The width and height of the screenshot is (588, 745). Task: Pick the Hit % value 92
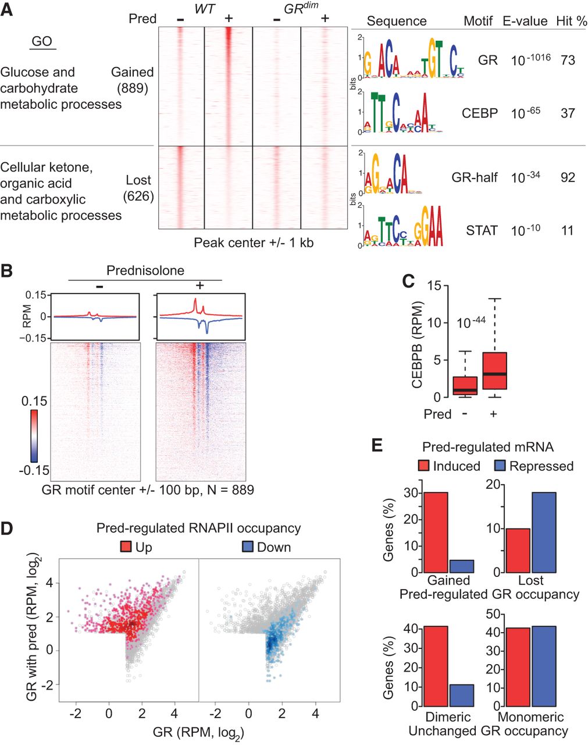pyautogui.click(x=568, y=177)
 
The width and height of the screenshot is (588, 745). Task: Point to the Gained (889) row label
pyautogui.click(x=133, y=80)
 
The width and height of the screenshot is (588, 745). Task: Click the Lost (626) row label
pyautogui.click(x=138, y=188)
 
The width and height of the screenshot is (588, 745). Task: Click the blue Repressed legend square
pyautogui.click(x=501, y=466)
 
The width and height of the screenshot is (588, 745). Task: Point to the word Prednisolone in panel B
pyautogui.click(x=145, y=271)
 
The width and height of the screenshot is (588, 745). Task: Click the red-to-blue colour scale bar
pyautogui.click(x=33, y=435)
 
